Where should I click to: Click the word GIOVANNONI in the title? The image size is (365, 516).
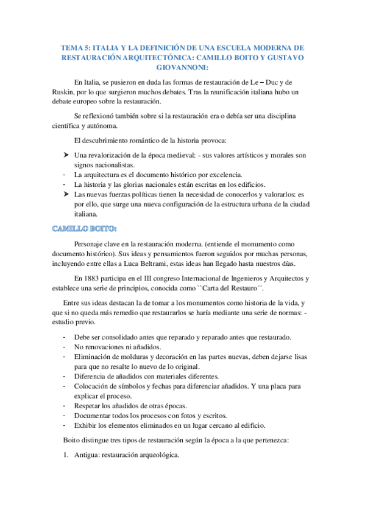(182, 67)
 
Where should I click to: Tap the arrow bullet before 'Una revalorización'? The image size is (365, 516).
(66, 155)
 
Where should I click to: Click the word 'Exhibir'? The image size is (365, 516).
(87, 425)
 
